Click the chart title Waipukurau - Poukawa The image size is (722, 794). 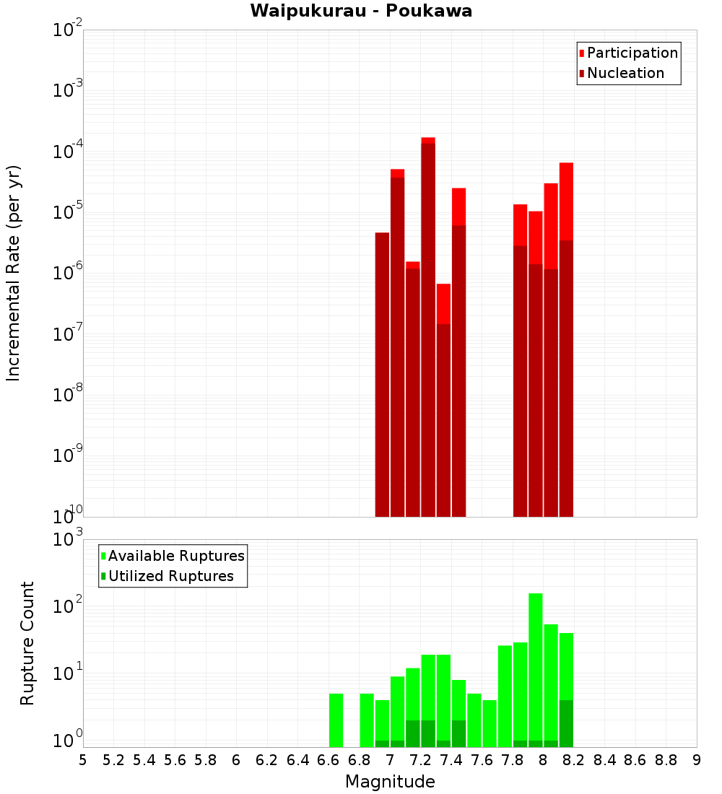[361, 11]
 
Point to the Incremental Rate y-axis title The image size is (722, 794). [14, 273]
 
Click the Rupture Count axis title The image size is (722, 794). [27, 642]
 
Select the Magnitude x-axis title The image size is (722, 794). [390, 781]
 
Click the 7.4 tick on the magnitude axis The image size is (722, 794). [451, 760]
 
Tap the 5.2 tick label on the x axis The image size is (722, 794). [114, 760]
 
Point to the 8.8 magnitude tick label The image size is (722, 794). [666, 760]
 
